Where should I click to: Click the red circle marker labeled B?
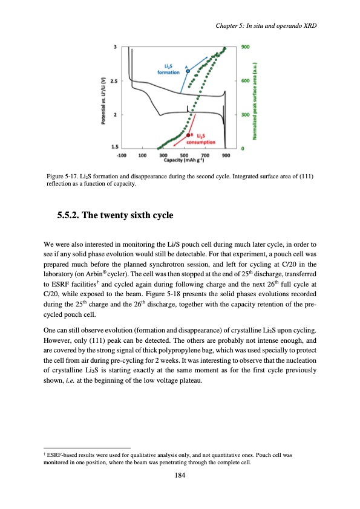(x=189, y=135)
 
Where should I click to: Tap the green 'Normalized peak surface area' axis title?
(x=255, y=97)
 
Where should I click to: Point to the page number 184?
(x=180, y=475)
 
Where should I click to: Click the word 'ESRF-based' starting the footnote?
(x=62, y=452)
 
